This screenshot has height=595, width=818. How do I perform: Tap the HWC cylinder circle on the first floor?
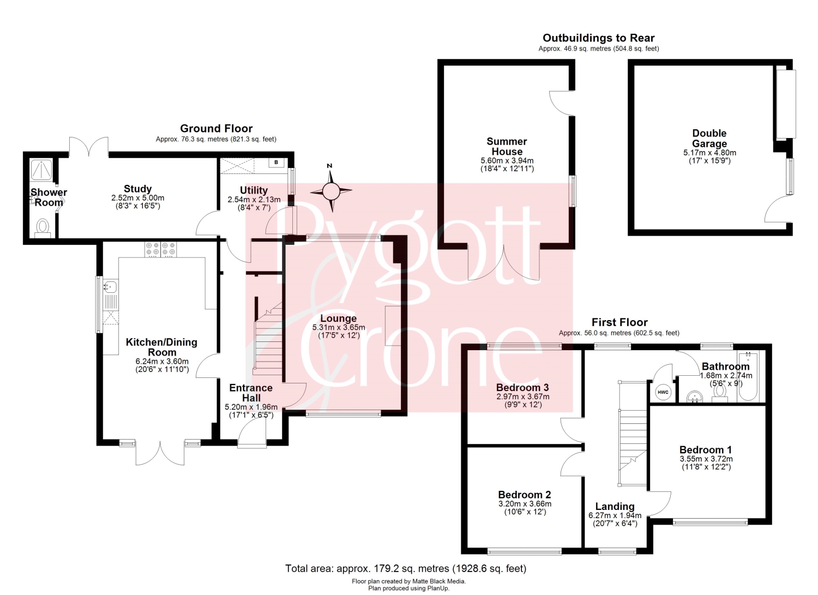pos(663,392)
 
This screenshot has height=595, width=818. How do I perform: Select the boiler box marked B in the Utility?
pos(276,163)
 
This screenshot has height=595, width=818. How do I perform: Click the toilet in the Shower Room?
pos(43,228)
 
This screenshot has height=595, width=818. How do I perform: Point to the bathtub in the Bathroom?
pos(748,376)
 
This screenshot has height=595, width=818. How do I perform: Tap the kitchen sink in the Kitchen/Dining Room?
pos(110,287)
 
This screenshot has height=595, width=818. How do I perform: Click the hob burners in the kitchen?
pos(161,249)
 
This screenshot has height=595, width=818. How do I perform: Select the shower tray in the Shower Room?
pos(41,170)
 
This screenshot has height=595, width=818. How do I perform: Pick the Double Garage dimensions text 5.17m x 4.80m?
pos(709,153)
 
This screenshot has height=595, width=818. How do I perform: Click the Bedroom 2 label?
pos(525,495)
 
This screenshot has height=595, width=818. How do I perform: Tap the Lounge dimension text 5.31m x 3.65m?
pos(339,328)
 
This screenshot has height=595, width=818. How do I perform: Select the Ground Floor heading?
pos(216,129)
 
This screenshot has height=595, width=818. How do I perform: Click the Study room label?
pos(137,189)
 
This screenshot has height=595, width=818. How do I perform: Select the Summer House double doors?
pos(504,263)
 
